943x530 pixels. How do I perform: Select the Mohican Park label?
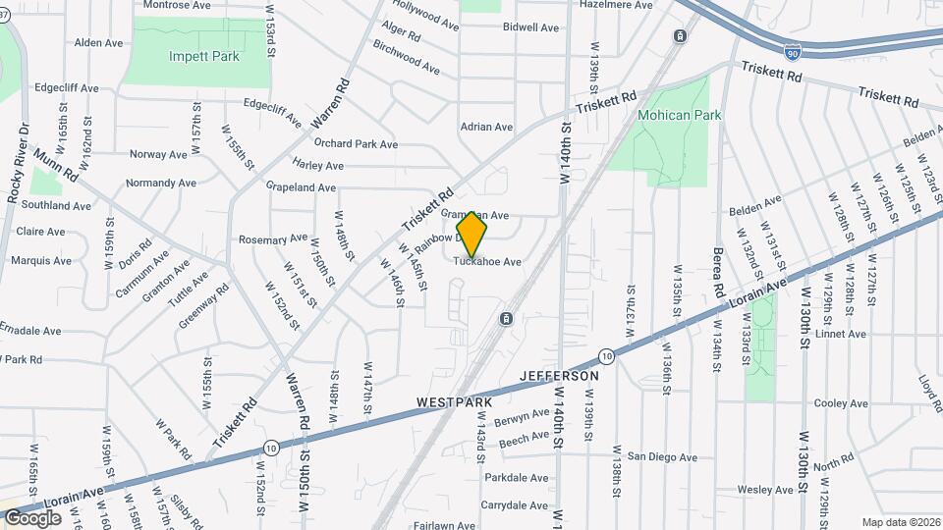[679, 115]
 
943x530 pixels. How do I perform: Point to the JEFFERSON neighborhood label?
[558, 376]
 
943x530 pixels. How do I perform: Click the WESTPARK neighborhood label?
[453, 402]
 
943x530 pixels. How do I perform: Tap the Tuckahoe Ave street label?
[487, 262]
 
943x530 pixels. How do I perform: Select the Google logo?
[32, 517]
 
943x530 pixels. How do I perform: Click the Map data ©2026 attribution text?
[900, 522]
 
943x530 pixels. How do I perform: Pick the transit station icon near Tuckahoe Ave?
[506, 319]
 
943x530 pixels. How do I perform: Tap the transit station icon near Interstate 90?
[680, 36]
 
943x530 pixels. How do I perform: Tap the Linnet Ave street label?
[842, 334]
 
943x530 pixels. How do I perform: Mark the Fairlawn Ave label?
[443, 525]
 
